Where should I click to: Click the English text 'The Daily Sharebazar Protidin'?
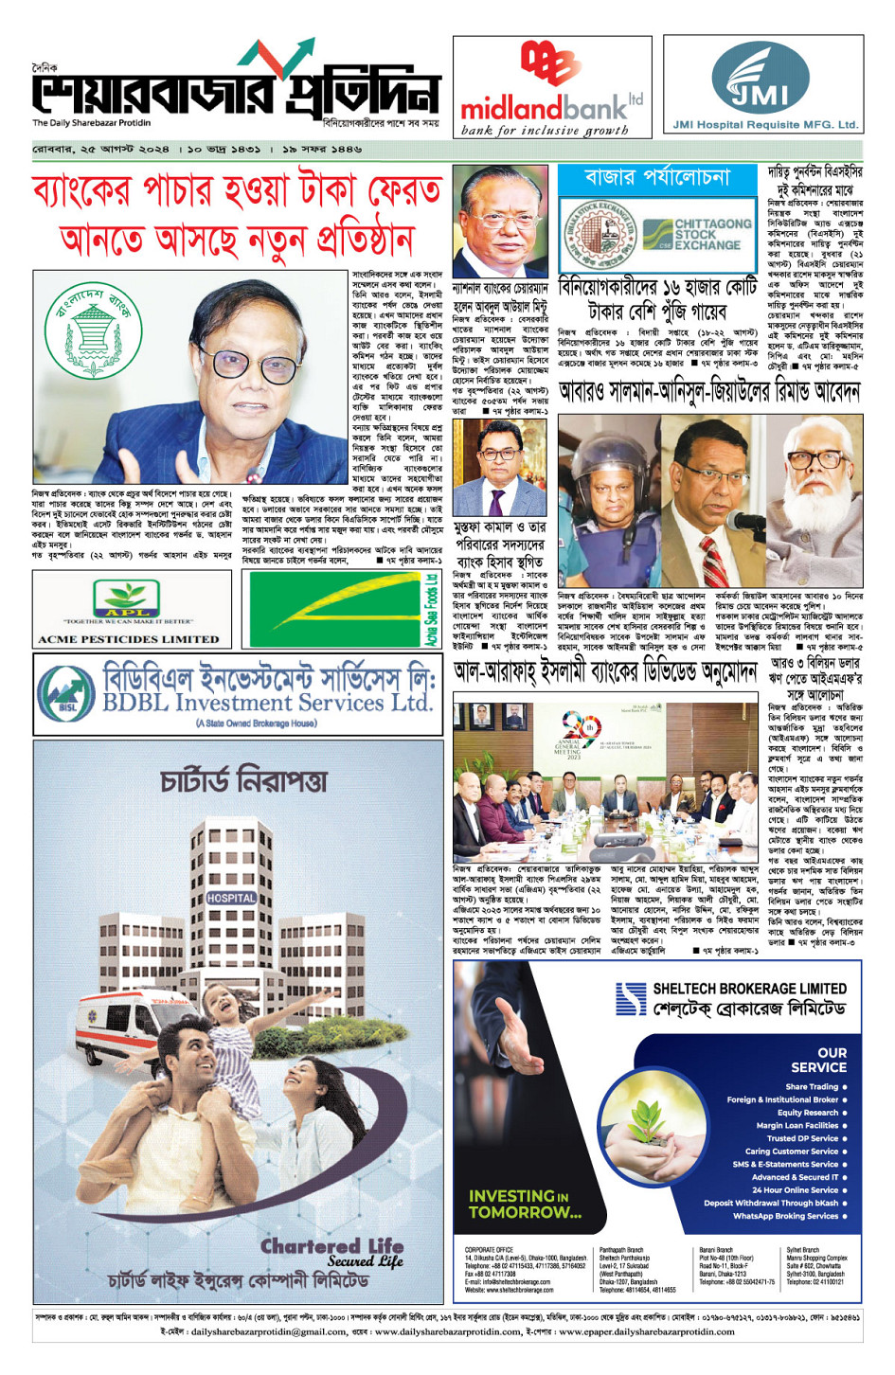[x=91, y=123]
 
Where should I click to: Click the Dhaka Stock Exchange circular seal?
[x=599, y=234]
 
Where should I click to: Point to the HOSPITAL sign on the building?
[x=231, y=898]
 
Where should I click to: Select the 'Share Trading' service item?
[x=812, y=1087]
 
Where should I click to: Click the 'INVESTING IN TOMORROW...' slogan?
[x=525, y=1204]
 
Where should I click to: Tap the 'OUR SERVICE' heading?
[x=818, y=1060]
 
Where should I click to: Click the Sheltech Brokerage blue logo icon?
[x=630, y=999]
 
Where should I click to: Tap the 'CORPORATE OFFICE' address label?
[x=489, y=1250]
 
